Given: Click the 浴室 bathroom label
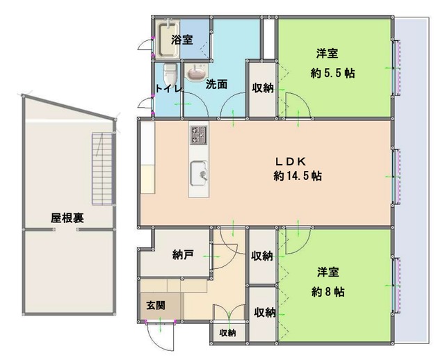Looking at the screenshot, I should click(x=182, y=40).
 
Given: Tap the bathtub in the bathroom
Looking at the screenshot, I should click(x=165, y=40).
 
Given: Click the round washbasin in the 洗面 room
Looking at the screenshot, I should click(x=197, y=72).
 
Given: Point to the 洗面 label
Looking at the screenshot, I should click(x=216, y=85).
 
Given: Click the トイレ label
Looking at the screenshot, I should click(x=168, y=89).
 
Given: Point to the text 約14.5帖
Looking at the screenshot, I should click(x=297, y=176).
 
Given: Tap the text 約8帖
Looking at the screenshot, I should click(x=327, y=291).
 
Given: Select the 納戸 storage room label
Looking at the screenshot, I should click(x=182, y=255).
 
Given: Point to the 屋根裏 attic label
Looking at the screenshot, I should click(x=67, y=217).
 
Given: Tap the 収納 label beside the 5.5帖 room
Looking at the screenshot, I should click(x=262, y=87).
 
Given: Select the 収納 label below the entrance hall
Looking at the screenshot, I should click(x=227, y=333).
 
